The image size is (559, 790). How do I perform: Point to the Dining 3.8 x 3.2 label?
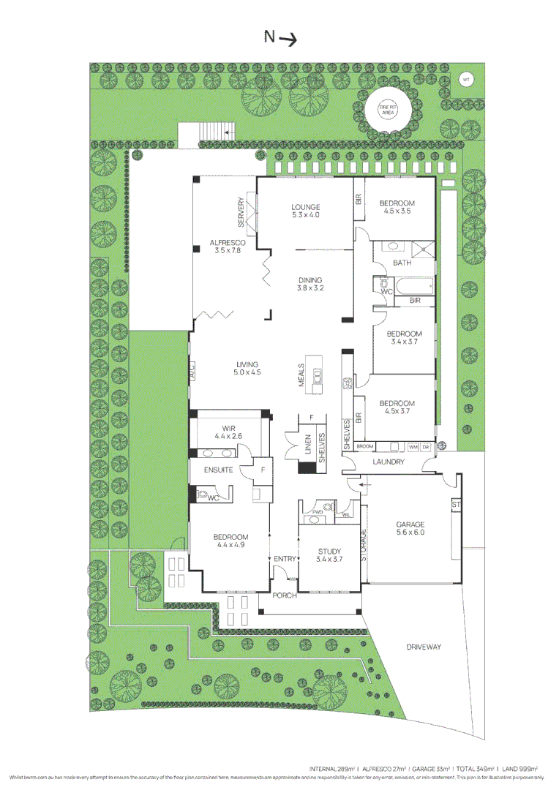309,284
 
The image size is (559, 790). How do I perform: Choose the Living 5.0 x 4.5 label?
247,368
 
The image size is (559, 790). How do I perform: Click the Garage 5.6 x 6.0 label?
410,528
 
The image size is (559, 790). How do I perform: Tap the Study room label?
330,555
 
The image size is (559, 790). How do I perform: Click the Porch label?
285,595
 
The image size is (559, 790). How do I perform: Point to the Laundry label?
388,462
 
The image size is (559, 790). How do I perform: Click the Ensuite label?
218,470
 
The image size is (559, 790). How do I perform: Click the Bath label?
402,263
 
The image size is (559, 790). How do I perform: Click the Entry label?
285,560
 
